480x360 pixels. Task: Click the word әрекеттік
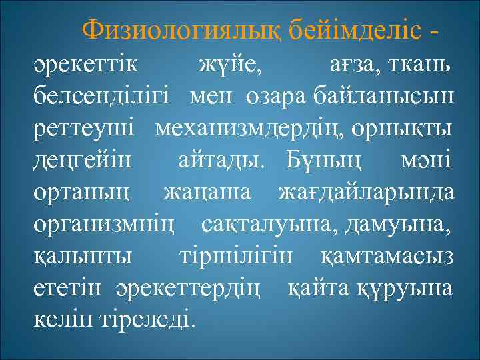(87, 67)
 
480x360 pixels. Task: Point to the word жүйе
(231, 67)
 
